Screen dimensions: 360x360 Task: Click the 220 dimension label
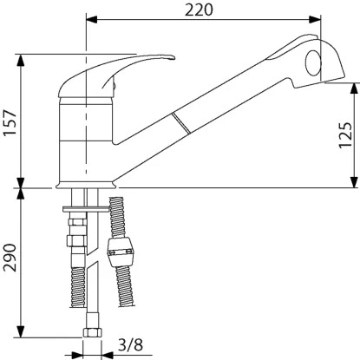coord(199,10)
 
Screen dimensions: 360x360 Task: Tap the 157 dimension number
coord(10,122)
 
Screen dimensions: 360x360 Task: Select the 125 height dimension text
coord(345,135)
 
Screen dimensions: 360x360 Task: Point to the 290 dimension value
coord(10,258)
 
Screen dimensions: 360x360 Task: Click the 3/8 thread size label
coord(130,344)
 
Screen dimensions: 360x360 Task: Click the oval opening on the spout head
coord(313,63)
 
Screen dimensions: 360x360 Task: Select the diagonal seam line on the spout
coord(181,123)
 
